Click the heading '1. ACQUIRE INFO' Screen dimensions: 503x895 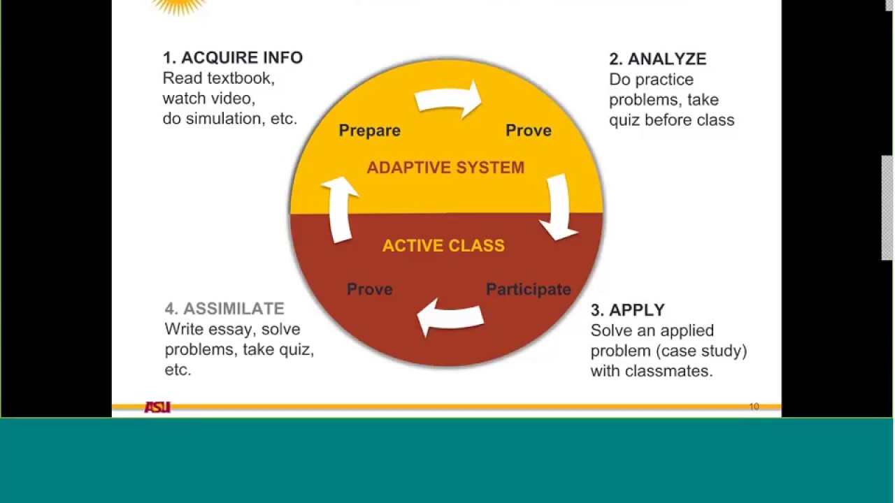tap(232, 58)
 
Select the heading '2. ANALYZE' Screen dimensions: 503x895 tap(657, 59)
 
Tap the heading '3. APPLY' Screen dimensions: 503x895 tap(627, 310)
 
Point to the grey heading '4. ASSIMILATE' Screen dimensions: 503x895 tap(224, 309)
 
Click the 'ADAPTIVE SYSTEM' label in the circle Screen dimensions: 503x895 tap(445, 168)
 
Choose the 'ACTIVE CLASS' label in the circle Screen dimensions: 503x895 tap(443, 246)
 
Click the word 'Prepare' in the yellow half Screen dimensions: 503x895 tap(369, 131)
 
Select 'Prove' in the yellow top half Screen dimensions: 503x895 tap(528, 131)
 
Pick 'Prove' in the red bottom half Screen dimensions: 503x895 tap(369, 289)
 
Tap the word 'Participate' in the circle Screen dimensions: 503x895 tap(528, 289)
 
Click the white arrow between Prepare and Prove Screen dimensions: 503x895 tap(450, 99)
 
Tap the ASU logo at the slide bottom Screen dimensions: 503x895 tap(157, 407)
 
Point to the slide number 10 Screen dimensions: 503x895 tap(754, 407)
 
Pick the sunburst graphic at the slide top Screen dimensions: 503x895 tap(179, 6)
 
